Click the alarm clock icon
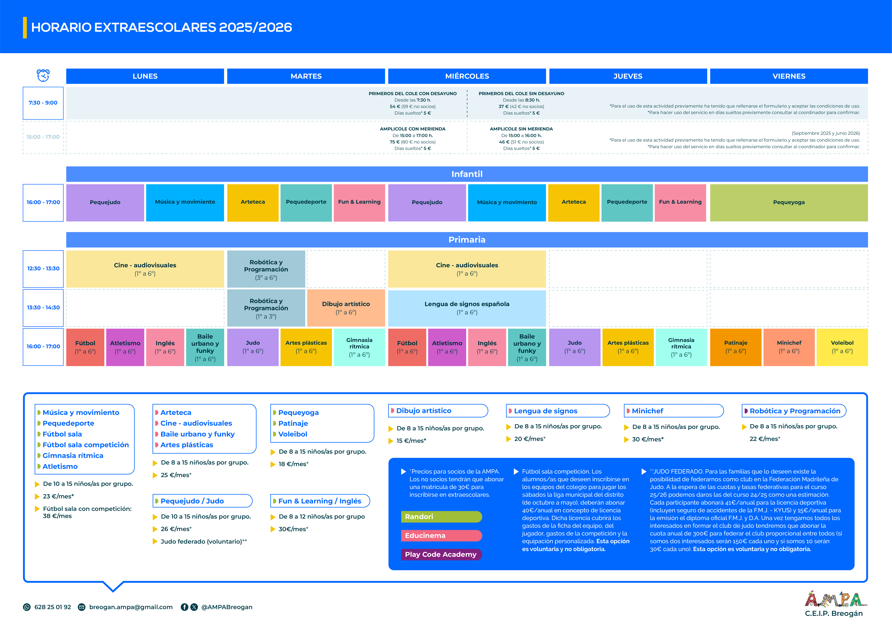[x=43, y=75]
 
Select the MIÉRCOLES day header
[x=467, y=76]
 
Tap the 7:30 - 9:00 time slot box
[x=43, y=103]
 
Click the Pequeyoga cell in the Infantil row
[x=789, y=202]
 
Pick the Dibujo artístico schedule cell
[x=346, y=308]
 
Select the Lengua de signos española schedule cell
[x=467, y=308]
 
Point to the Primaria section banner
[x=467, y=240]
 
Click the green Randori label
[x=441, y=517]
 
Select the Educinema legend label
[x=441, y=535]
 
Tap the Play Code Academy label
[x=441, y=554]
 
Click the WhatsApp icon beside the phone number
[x=27, y=607]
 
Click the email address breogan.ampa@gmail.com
[x=131, y=607]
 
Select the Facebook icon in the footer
[x=185, y=607]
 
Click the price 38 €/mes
[x=57, y=516]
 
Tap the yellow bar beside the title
[x=25, y=28]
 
